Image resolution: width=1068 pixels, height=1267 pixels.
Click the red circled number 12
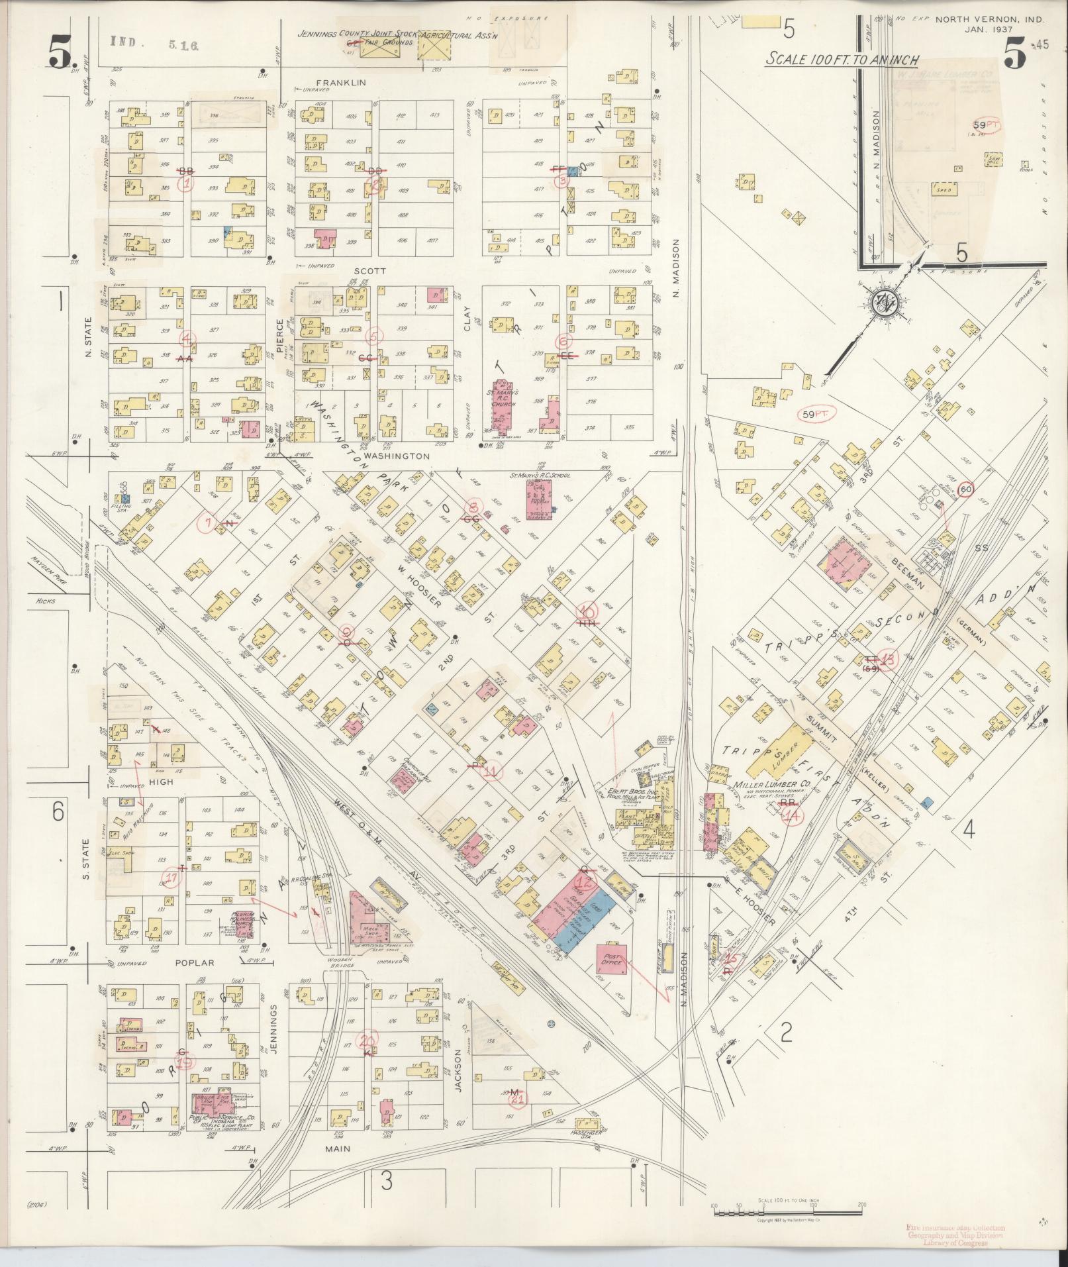click(584, 882)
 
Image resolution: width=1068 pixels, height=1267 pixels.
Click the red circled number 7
click(208, 524)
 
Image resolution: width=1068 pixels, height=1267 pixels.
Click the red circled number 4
click(189, 338)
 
